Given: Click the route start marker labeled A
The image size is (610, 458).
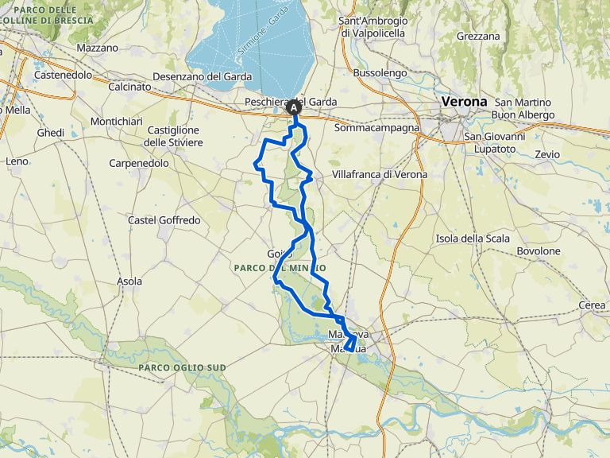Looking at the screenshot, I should click(x=295, y=107).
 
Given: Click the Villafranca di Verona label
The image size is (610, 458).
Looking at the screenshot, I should click(x=380, y=174).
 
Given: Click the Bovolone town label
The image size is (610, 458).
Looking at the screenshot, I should click(x=539, y=251).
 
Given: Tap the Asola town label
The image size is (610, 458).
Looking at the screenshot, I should click(x=129, y=281).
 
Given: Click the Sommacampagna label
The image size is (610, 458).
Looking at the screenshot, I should click(x=376, y=127).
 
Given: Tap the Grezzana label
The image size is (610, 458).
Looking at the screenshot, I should click(x=478, y=37).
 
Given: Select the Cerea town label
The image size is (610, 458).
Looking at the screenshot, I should click(x=591, y=305).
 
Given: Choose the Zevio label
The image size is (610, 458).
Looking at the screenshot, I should click(x=547, y=154).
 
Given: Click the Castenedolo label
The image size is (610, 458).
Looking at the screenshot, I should click(x=64, y=76).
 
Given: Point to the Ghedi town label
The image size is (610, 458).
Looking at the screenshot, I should click(x=50, y=133).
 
